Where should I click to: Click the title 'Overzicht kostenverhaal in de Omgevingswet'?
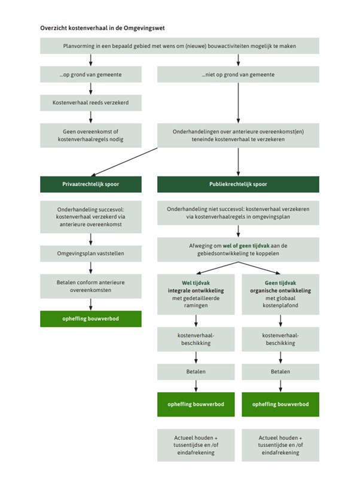pos(102,28)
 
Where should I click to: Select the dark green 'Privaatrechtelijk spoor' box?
pos(91,184)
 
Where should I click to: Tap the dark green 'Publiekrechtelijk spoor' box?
pos(238,184)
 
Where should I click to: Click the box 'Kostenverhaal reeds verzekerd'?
pos(91,103)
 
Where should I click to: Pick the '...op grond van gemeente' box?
pos(91,74)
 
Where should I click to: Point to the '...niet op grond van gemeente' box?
pos(238,74)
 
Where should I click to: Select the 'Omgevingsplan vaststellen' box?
pos(91,254)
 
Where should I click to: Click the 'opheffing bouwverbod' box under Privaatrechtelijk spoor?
pos(91,319)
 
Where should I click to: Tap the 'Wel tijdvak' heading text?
pos(196,283)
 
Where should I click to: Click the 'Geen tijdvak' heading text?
pos(280,283)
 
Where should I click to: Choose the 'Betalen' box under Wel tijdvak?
pos(196,372)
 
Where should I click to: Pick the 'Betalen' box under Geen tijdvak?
pos(280,372)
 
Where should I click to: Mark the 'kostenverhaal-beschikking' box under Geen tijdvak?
pos(280,339)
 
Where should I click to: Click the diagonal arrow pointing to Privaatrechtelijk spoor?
pos(124,162)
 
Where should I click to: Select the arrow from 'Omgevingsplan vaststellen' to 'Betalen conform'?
pos(91,268)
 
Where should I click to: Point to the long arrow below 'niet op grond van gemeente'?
pos(238,103)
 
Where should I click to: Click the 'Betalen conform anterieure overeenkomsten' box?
pos(91,286)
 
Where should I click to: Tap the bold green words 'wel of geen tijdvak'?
pos(246,246)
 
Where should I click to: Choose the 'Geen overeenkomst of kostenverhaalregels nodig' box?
pos(91,135)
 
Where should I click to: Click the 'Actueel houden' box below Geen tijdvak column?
pos(280,445)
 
